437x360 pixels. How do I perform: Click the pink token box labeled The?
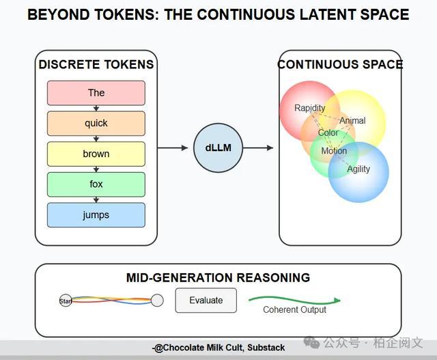coord(96,93)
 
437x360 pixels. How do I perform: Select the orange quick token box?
coord(96,123)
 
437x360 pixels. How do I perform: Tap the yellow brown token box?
coord(96,154)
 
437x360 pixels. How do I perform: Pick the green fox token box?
coord(96,184)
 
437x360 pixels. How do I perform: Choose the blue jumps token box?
coord(96,215)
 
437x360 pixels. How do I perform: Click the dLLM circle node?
coord(218,148)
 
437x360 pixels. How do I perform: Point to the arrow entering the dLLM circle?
coord(173,148)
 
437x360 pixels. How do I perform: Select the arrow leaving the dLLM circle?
coord(258,148)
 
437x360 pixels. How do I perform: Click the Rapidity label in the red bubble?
coord(309,108)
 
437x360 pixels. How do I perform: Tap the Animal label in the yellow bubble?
coord(352,120)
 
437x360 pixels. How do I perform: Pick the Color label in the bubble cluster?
coord(328,133)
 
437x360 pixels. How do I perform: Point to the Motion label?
coord(334,151)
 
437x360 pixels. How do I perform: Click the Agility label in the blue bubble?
coord(358,169)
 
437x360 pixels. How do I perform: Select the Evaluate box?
coord(206,301)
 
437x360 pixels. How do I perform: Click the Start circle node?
coord(66,301)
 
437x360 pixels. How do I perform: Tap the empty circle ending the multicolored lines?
coord(157,301)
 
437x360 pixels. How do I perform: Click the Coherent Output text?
coord(294,309)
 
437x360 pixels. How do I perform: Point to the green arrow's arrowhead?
coord(337,301)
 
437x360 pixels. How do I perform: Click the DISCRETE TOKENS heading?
coord(96,64)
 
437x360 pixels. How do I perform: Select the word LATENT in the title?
coord(326,14)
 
